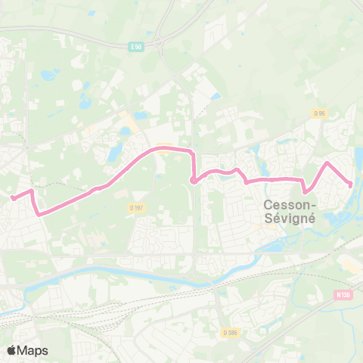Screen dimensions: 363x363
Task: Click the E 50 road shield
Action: [136, 47]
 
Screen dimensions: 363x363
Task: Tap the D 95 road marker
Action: [319, 113]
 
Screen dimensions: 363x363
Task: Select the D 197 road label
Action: [136, 206]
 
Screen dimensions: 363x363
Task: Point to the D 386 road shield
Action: [230, 332]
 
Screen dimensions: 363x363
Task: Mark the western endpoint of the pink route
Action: [13, 198]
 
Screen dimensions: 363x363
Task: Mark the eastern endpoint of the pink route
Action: [350, 185]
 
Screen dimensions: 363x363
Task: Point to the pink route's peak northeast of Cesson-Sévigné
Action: [327, 163]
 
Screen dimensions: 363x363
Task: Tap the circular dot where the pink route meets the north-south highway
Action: [194, 180]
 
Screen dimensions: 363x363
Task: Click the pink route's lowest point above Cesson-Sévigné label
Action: [305, 192]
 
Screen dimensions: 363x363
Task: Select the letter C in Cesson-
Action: [268, 204]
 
